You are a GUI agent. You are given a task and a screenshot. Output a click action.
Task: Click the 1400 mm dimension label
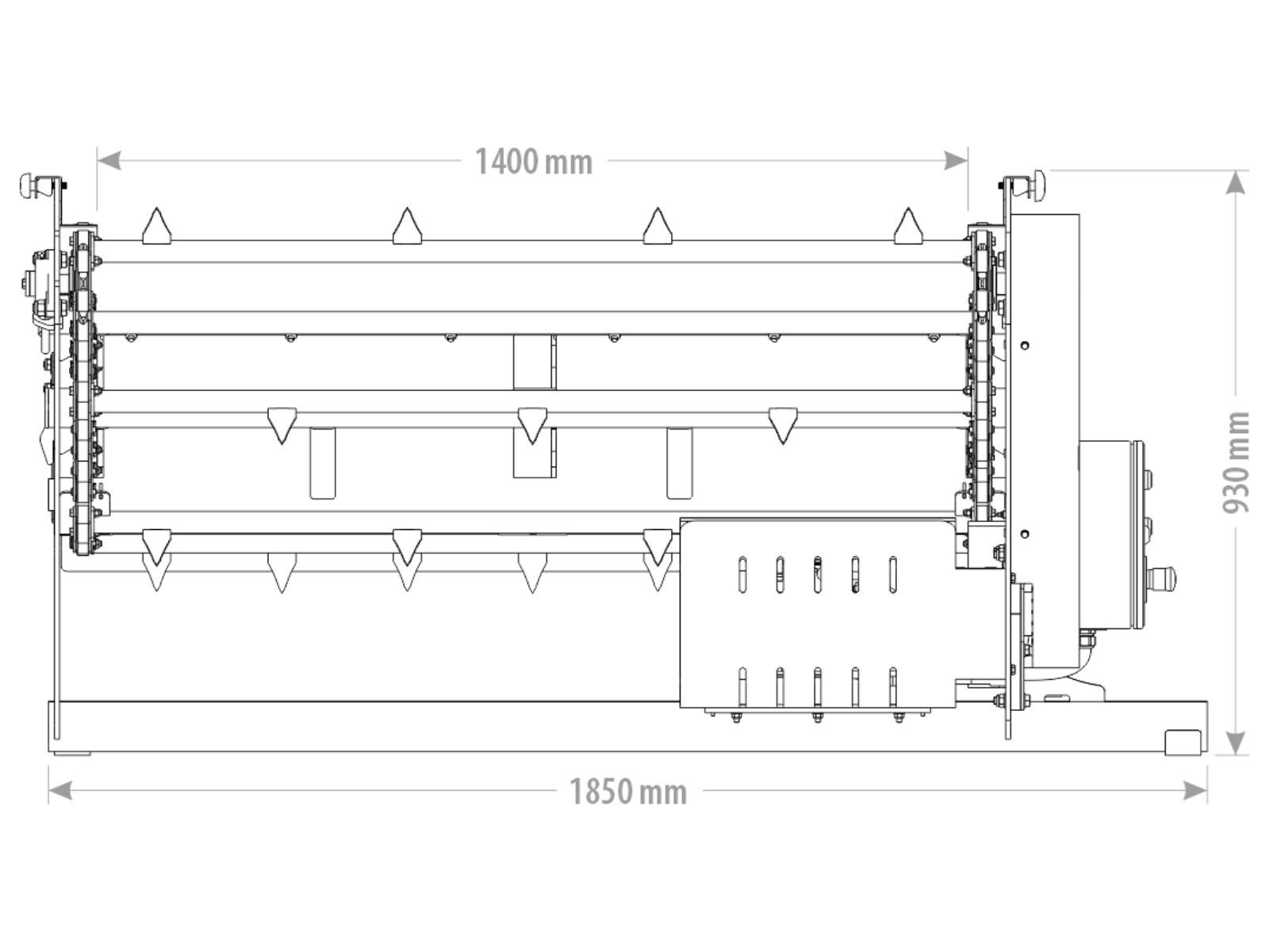point(534,161)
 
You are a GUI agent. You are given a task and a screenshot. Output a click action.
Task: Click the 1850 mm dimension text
point(628,791)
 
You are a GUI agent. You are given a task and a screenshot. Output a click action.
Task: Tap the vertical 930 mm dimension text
point(1236,463)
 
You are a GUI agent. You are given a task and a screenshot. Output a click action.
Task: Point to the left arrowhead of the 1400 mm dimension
point(109,161)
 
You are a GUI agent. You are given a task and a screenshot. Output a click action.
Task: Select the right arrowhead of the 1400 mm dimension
point(956,161)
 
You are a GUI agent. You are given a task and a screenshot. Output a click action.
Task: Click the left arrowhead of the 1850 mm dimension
point(61,790)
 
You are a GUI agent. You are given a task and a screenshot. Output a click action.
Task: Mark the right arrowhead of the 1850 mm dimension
point(1195,790)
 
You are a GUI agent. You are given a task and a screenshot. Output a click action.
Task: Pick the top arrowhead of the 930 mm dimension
point(1236,182)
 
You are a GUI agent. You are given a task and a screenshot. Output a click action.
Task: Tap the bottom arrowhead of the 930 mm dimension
point(1236,743)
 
